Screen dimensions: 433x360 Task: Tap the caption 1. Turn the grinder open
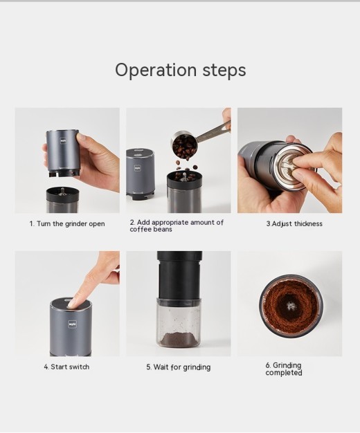pos(67,224)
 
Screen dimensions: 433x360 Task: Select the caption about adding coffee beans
pos(177,226)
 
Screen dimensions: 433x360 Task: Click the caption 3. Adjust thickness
pos(294,224)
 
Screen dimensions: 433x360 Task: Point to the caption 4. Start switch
pos(66,367)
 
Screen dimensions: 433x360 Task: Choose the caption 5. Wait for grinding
pos(178,367)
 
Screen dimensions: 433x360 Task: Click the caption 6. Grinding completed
pos(284,369)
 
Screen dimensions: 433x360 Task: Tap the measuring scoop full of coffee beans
pos(184,146)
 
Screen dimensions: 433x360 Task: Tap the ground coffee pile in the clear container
pos(179,339)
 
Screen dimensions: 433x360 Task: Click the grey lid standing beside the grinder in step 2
pos(140,173)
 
